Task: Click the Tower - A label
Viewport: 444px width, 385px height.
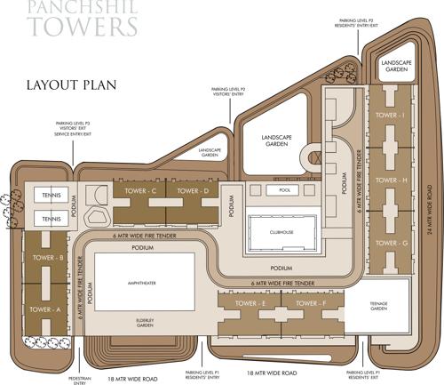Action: click(44, 309)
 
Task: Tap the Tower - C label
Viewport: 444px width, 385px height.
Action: click(140, 191)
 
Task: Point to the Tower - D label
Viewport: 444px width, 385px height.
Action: click(192, 191)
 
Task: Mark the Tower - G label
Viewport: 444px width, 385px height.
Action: click(392, 243)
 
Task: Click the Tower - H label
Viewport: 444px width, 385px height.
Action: click(392, 180)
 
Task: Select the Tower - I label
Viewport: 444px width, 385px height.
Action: click(392, 116)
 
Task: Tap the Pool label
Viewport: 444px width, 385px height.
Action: click(284, 190)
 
